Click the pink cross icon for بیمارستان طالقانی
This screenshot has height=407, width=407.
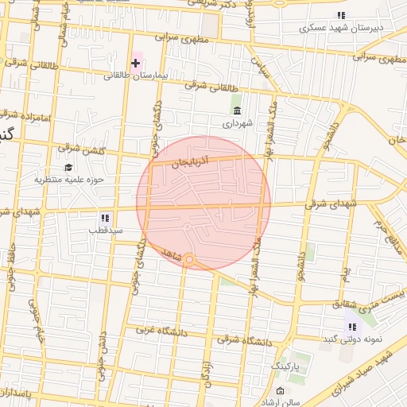point(135,63)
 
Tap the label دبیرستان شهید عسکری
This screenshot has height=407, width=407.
point(341,27)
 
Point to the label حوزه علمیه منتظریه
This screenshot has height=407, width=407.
point(68,180)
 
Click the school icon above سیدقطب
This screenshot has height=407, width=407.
point(104,217)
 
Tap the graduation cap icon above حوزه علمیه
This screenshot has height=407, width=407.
point(68,168)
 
